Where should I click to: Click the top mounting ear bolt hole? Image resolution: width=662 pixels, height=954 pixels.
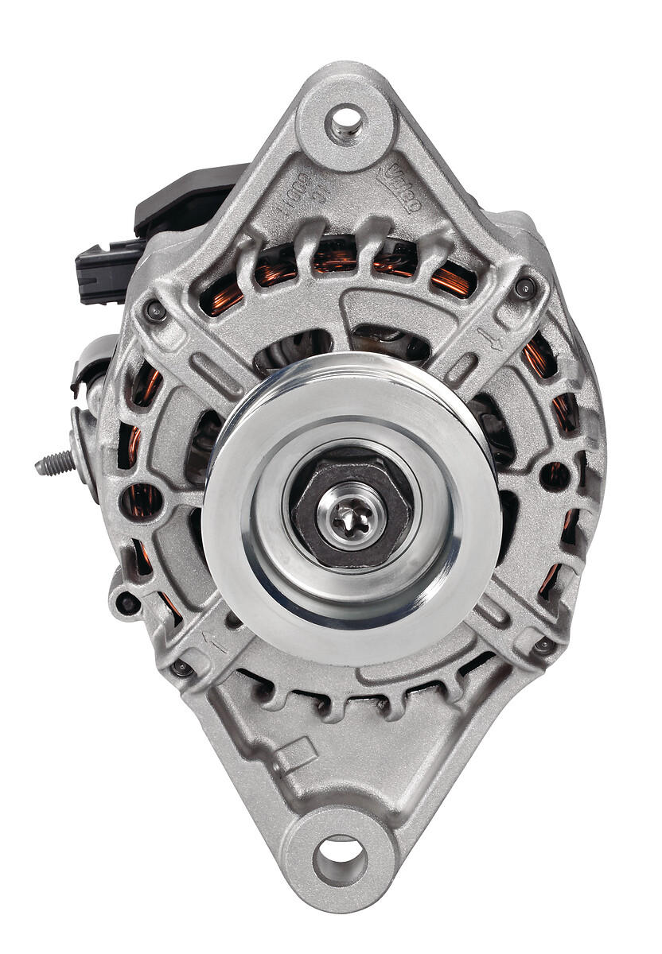(345, 122)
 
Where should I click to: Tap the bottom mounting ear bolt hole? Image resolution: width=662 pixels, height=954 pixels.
(340, 860)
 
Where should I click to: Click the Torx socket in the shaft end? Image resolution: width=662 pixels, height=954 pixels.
(349, 518)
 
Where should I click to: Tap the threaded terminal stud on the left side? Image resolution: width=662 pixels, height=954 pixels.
(54, 463)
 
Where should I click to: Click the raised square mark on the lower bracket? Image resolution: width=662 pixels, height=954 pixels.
(296, 753)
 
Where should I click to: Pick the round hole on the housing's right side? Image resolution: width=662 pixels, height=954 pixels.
(555, 476)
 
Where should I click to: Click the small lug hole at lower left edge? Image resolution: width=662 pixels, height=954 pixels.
(127, 603)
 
